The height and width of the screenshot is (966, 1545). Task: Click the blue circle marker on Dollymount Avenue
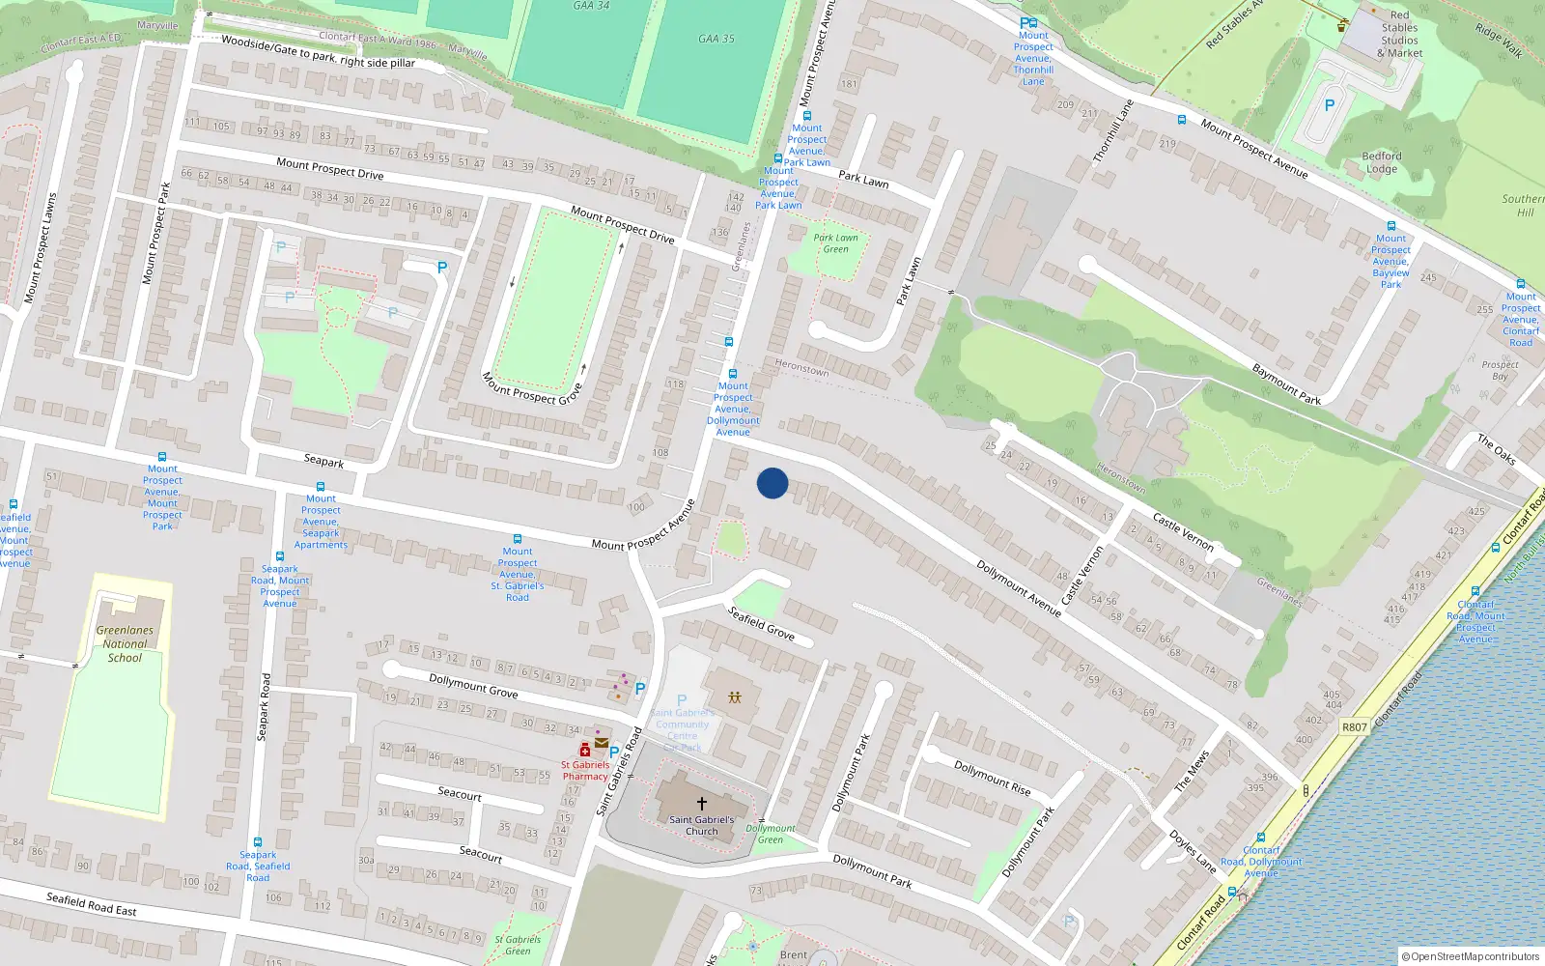pos(772,483)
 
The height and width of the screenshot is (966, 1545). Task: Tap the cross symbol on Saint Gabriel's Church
pos(702,803)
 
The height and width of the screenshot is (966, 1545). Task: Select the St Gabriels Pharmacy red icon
pos(584,751)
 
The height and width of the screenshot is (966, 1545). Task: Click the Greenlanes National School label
pos(125,643)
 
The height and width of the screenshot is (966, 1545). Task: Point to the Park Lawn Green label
pos(835,243)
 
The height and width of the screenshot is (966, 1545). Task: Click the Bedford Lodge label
pos(1382,162)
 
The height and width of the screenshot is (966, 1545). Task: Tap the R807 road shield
pos(1355,726)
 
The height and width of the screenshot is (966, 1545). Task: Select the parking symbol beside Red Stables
pos(1329,105)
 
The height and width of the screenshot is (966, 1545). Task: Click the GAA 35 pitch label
pos(716,39)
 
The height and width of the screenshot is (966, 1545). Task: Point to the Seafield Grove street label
pos(761,623)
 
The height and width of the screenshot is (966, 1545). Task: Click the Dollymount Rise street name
pos(993,778)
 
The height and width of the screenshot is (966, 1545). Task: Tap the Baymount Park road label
pos(1286,384)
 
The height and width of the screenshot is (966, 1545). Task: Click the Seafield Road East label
pos(92,903)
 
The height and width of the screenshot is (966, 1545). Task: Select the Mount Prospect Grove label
pos(532,388)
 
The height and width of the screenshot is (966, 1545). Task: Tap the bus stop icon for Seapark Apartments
pos(321,488)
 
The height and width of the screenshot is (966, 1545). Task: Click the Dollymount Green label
pos(771,834)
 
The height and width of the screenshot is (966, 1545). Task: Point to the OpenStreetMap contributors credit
pos(1472,956)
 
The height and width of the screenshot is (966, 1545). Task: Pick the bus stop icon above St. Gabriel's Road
pos(518,539)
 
